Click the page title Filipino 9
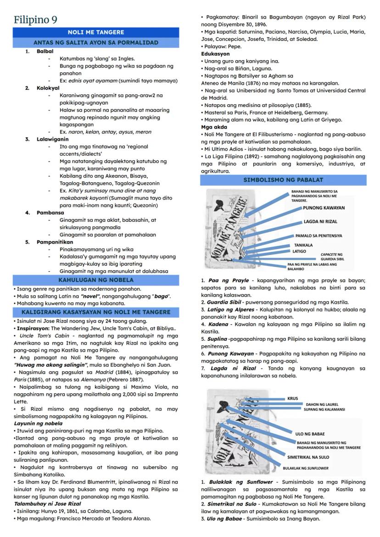point(35,20)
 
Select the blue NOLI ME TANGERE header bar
point(95,33)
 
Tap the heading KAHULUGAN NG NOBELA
point(95,280)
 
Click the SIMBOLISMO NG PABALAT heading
point(283,180)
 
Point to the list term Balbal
point(45,51)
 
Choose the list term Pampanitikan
point(55,242)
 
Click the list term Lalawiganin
point(53,139)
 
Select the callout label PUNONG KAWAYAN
point(324,208)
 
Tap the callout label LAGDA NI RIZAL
point(320,221)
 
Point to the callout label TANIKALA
point(303,245)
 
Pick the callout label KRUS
point(292,398)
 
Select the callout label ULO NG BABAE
point(310,434)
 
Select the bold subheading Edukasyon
point(215,54)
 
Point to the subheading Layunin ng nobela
point(38,423)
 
